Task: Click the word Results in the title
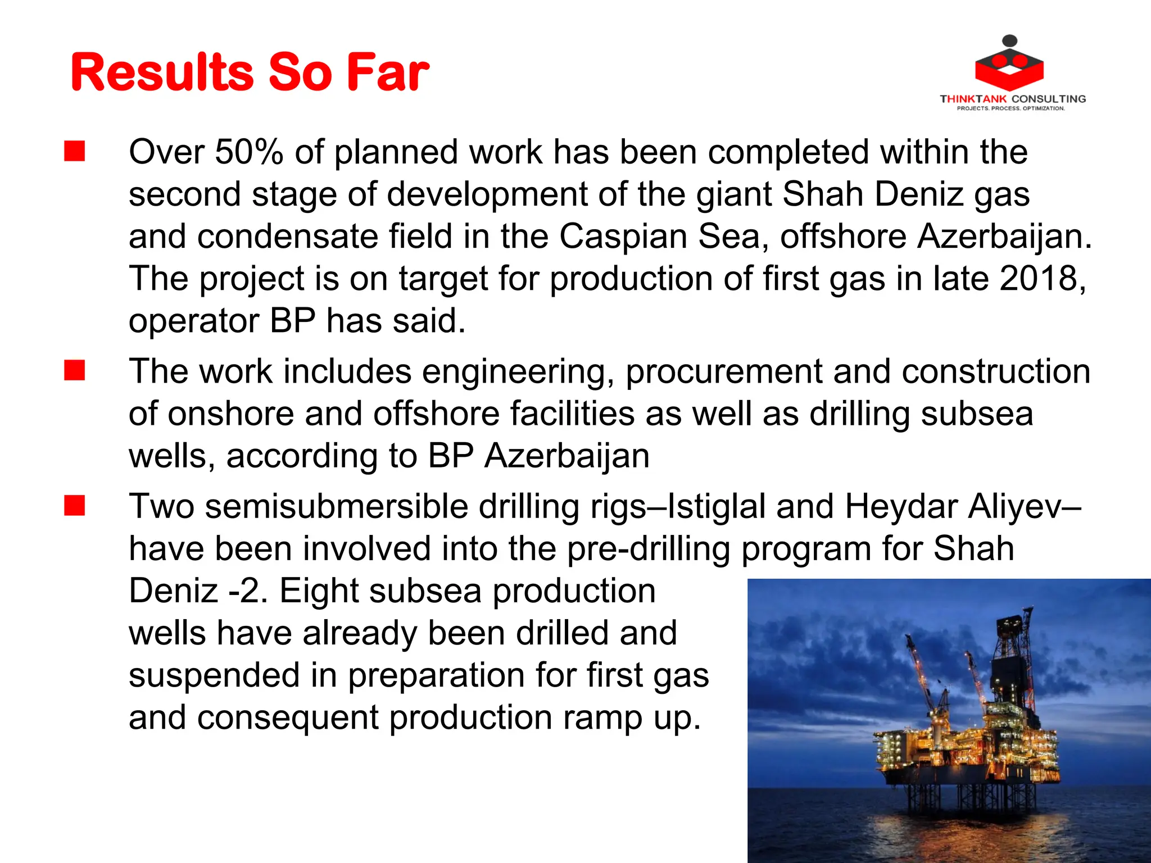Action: tap(162, 72)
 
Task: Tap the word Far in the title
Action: tap(388, 72)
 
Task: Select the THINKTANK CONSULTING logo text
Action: tap(1013, 99)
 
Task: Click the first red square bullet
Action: tap(74, 152)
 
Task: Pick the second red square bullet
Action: tap(74, 371)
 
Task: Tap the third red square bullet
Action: tap(74, 506)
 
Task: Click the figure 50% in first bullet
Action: tap(248, 152)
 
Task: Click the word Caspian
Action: tap(623, 237)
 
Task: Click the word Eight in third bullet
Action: tap(318, 592)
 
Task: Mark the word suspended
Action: tap(214, 676)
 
